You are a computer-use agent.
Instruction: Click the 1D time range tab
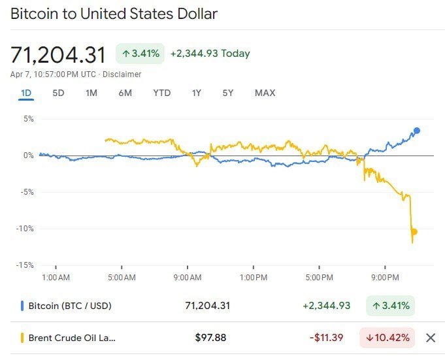point(26,93)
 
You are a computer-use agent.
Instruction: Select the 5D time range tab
point(58,93)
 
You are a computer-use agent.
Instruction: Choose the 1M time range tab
point(91,93)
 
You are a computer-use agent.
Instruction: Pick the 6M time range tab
point(125,93)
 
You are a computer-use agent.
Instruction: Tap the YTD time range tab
point(161,93)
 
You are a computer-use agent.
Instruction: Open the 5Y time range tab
point(227,93)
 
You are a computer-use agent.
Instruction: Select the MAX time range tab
point(265,93)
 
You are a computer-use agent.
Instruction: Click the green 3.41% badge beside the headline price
point(140,54)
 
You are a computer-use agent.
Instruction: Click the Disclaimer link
point(124,74)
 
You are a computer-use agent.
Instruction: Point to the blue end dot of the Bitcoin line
point(417,131)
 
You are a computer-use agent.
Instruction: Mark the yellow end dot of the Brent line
point(414,231)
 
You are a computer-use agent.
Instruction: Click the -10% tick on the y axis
point(25,229)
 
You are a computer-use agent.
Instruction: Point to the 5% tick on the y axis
point(28,119)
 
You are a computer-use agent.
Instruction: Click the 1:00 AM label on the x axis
point(55,278)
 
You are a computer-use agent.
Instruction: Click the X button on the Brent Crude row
point(430,338)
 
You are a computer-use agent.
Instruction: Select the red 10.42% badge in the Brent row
point(387,338)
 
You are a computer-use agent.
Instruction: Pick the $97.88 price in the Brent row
point(210,338)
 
